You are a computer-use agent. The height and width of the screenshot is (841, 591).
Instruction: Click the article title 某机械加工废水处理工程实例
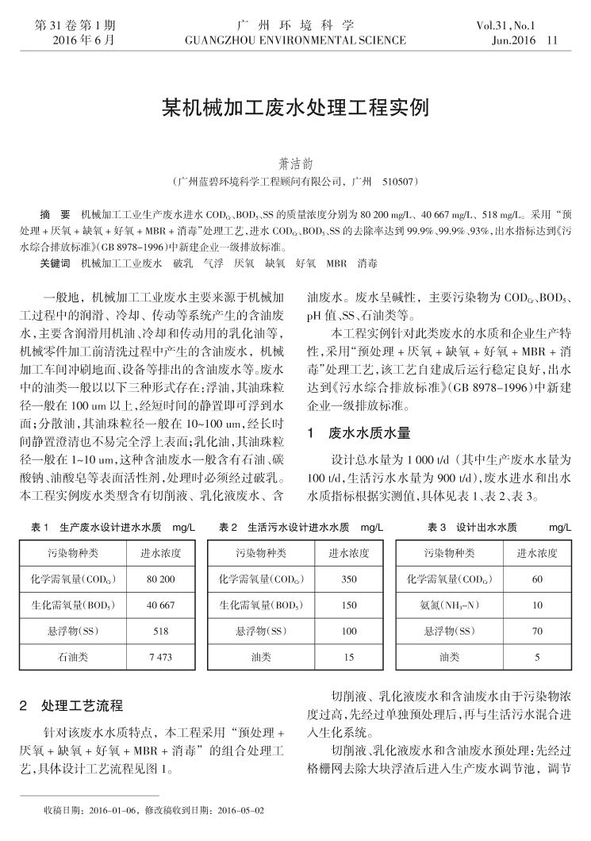click(x=295, y=106)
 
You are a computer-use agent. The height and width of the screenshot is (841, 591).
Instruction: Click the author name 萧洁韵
click(x=295, y=163)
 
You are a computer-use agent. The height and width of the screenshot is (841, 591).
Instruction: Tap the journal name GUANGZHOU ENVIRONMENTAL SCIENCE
click(x=295, y=40)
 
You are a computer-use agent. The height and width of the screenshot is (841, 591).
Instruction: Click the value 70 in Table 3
click(x=537, y=632)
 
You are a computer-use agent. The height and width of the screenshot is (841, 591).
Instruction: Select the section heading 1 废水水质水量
click(x=359, y=433)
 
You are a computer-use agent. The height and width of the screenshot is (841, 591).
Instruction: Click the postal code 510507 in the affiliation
click(x=400, y=182)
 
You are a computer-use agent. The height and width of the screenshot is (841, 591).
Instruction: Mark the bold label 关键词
click(x=55, y=262)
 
